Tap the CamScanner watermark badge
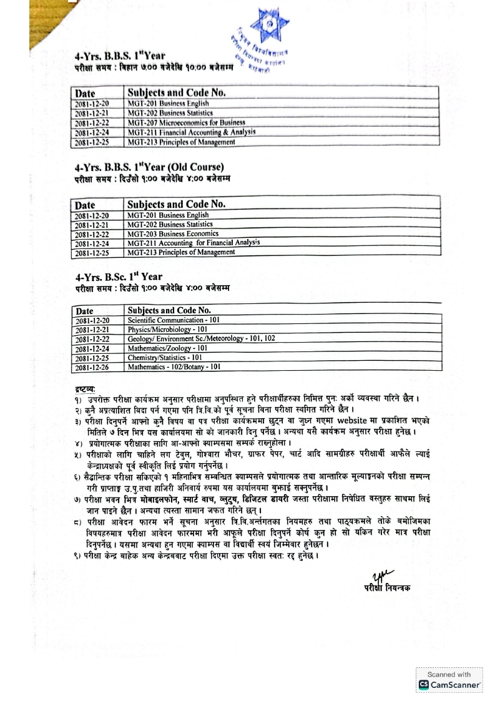click(x=449, y=680)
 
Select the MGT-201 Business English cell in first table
click(x=168, y=104)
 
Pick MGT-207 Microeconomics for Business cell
click(x=186, y=123)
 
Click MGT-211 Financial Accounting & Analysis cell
click(x=191, y=132)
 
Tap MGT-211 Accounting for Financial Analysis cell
click(x=194, y=243)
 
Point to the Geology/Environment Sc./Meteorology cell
click(x=201, y=338)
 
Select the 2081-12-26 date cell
click(x=92, y=368)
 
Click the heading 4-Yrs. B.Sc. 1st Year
click(x=119, y=277)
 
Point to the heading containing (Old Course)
click(x=149, y=167)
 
